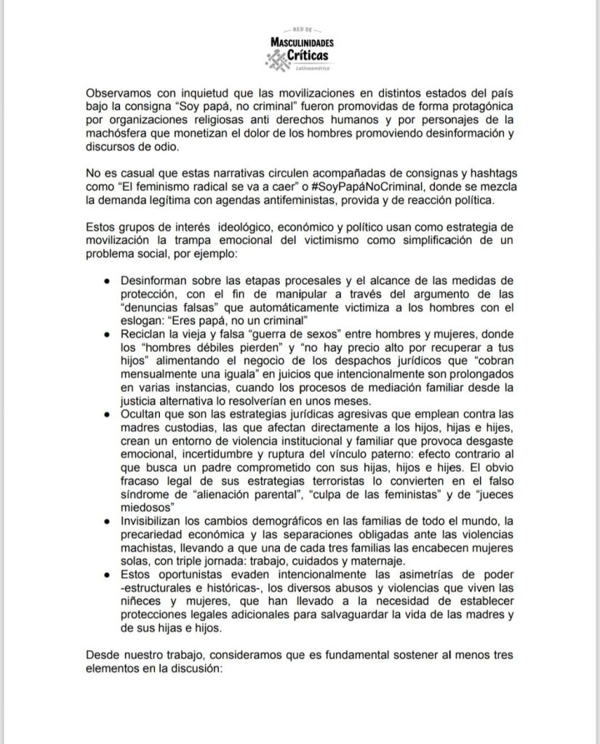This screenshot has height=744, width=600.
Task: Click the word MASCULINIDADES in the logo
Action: coord(300,43)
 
